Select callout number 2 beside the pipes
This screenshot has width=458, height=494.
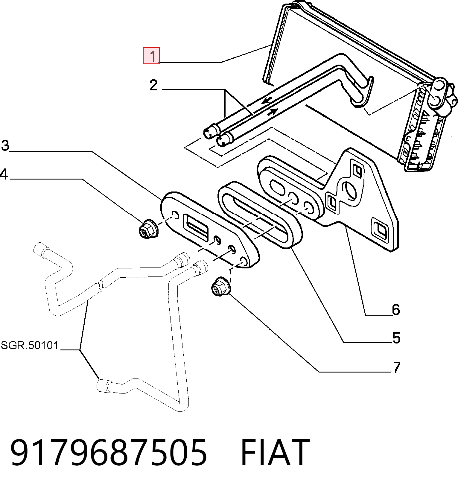pyautogui.click(x=153, y=86)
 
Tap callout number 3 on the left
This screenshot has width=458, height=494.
pyautogui.click(x=5, y=146)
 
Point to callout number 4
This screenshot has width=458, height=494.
pyautogui.click(x=4, y=174)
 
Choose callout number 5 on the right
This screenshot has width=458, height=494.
pyautogui.click(x=396, y=338)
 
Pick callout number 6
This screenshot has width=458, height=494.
pyautogui.click(x=396, y=309)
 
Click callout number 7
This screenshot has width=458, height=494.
pyautogui.click(x=396, y=367)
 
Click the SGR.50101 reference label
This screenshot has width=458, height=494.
pyautogui.click(x=30, y=345)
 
